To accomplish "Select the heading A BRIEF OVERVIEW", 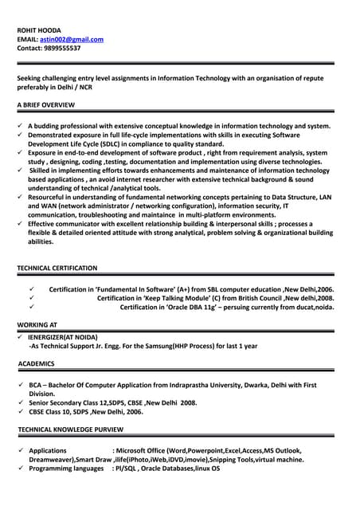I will point(45,105).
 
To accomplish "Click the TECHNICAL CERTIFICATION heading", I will point(57,268).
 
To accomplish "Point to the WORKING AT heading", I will point(37,325).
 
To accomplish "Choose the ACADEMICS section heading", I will point(36,363).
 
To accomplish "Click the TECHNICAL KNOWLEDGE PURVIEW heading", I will point(70,430).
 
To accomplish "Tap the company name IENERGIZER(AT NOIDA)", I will point(63,337).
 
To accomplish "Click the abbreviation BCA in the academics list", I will point(36,385).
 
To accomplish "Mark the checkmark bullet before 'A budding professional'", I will point(20,126).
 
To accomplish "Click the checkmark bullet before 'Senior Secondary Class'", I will point(20,403).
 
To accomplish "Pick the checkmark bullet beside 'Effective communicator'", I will point(20,224).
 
